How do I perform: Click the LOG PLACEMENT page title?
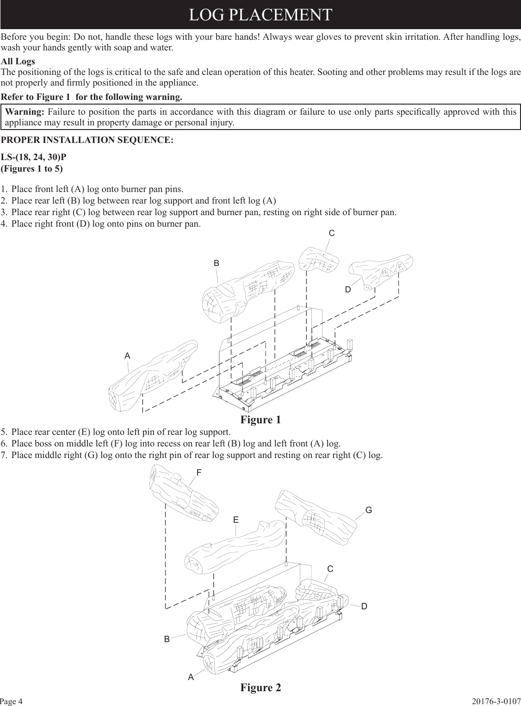(260, 14)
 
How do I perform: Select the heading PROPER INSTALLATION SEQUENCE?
(87, 140)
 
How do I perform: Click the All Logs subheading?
(18, 62)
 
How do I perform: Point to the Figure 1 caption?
(260, 420)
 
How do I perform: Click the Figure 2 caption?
(260, 687)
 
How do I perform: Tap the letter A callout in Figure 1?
(127, 356)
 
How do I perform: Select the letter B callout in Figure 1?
(216, 263)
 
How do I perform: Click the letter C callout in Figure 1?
(332, 234)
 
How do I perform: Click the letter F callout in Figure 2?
(199, 473)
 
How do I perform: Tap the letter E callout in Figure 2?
(236, 520)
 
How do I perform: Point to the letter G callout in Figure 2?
(369, 510)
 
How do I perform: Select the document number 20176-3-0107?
(496, 701)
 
